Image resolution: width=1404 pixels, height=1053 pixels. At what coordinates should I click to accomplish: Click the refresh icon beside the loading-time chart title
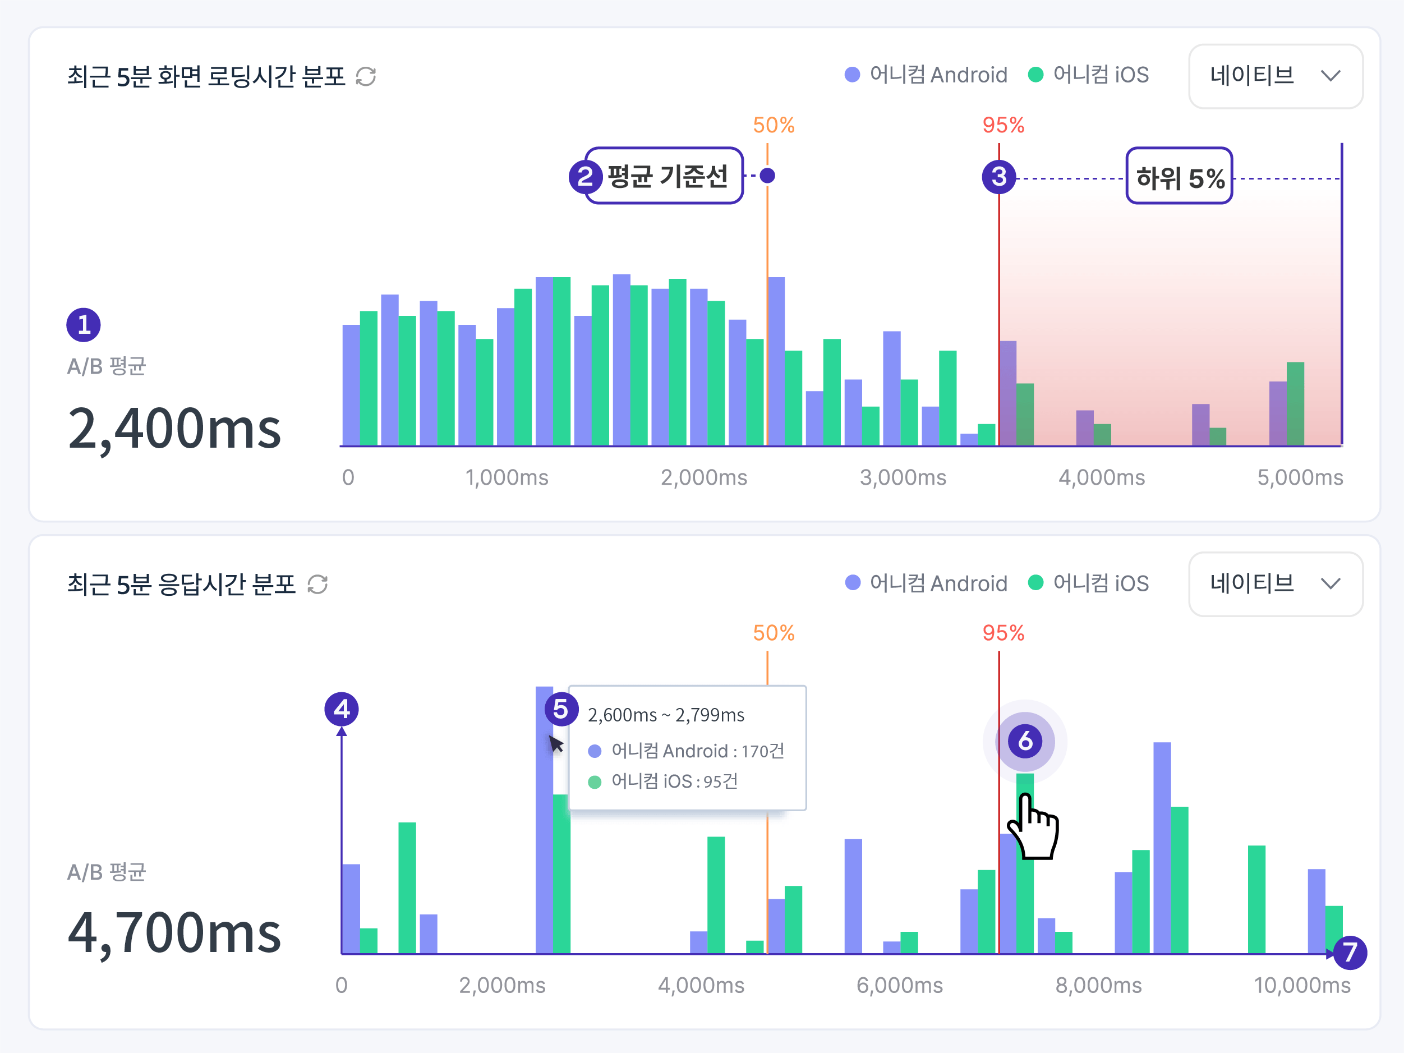(366, 77)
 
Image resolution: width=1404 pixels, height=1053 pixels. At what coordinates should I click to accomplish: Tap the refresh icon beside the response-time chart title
(317, 585)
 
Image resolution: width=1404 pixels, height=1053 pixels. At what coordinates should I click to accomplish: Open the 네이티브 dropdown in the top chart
(1275, 76)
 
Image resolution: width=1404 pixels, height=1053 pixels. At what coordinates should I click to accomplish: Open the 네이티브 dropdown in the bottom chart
(1275, 584)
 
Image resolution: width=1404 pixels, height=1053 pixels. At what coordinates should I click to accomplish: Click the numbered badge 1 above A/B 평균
(84, 325)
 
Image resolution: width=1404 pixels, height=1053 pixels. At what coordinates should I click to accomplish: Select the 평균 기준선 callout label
(666, 176)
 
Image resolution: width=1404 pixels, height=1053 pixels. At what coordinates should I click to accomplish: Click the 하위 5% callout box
(1179, 177)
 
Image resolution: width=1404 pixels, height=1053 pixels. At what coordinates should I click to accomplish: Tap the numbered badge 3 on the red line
(998, 177)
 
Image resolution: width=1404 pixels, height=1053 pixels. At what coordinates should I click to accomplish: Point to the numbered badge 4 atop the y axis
(342, 709)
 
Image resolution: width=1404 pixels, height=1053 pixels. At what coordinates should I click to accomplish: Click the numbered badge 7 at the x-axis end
(1350, 952)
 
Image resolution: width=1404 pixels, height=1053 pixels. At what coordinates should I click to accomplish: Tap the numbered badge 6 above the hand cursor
(1025, 741)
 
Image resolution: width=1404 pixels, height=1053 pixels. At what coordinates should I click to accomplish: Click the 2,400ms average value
(174, 429)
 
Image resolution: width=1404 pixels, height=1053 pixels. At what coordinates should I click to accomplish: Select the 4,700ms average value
(174, 933)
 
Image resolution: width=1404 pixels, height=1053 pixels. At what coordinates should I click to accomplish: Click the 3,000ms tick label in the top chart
(903, 477)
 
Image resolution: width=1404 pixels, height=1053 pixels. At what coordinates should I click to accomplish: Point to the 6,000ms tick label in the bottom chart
(899, 985)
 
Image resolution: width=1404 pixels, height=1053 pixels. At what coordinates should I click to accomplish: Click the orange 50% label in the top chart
(773, 125)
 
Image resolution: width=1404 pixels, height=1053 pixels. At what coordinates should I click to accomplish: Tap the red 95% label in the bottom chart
(1003, 633)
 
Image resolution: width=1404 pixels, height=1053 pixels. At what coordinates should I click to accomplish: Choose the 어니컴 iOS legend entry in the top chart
(1089, 75)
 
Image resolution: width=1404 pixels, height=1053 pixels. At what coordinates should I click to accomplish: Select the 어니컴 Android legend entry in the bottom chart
(927, 583)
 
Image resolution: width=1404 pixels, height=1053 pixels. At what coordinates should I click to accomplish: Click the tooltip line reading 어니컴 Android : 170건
(688, 751)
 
